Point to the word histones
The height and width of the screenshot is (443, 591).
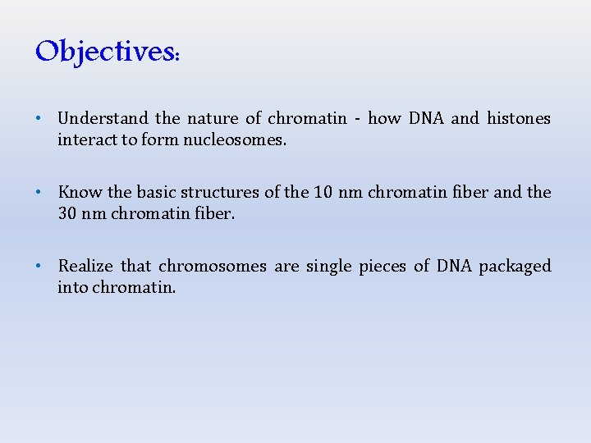[x=519, y=119]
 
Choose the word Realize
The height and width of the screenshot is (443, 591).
[x=85, y=267]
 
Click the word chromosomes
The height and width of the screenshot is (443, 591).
[x=213, y=267]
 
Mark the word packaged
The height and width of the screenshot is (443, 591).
[x=515, y=267]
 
